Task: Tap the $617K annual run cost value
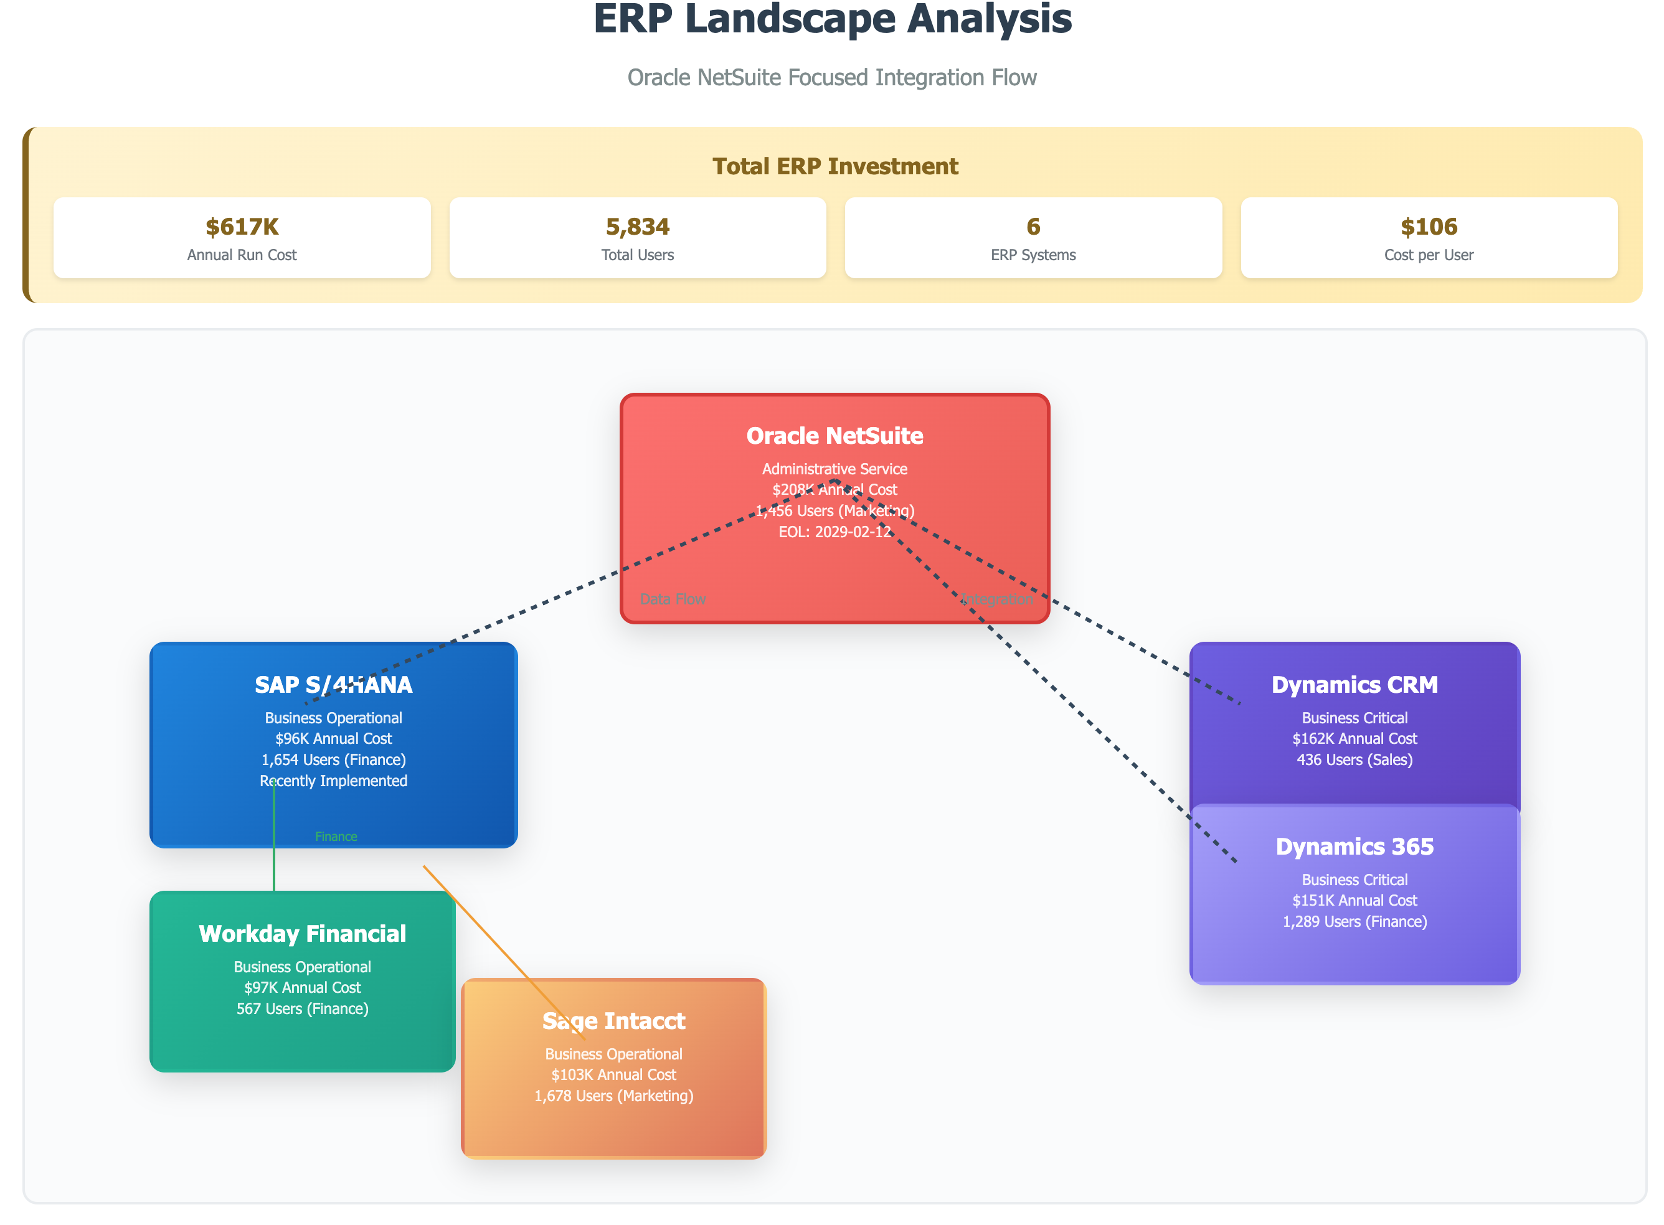242,226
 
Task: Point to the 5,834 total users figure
637,226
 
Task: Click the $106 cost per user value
1428,226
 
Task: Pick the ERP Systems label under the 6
1033,255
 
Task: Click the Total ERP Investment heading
834,166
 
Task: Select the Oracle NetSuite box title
834,436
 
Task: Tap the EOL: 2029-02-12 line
834,532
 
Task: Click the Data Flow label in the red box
672,599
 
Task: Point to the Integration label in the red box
996,599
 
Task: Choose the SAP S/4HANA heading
333,685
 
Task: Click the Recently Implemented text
333,781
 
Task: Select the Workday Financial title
302,934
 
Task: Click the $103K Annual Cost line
613,1074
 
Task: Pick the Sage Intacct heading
613,1021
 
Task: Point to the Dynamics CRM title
1354,685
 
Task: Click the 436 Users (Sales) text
1354,759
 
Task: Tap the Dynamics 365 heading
1354,846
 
